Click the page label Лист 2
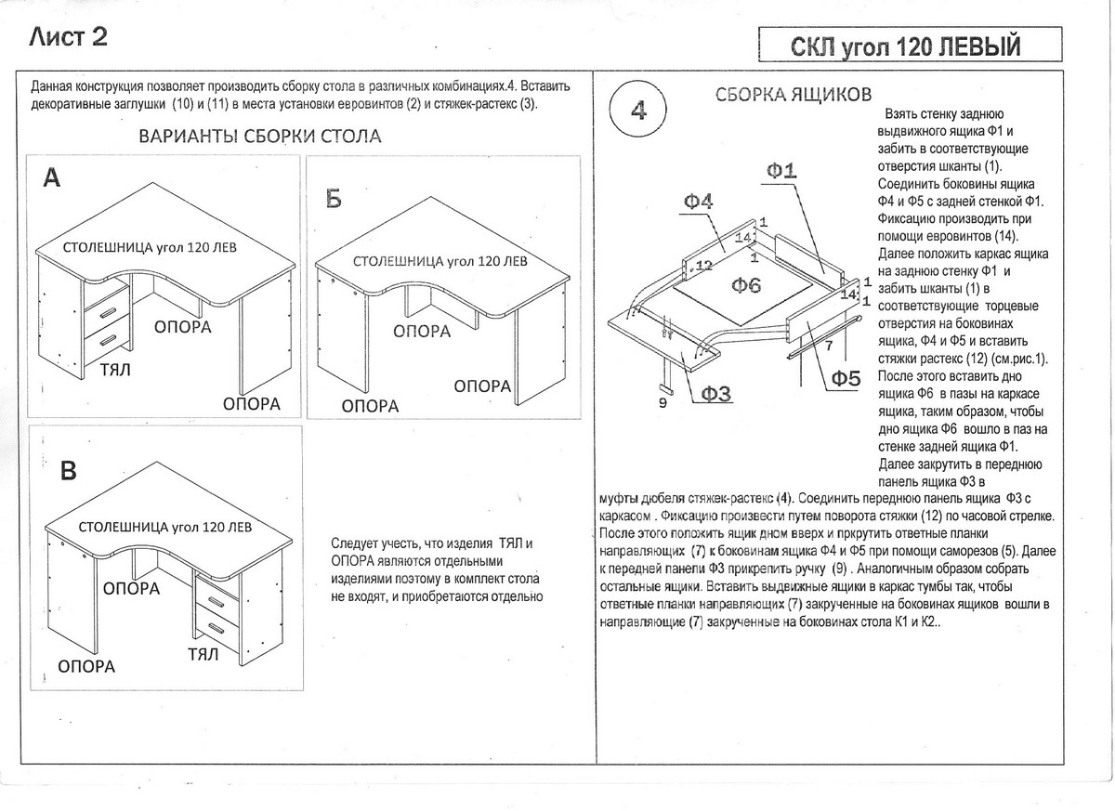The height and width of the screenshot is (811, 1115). [69, 38]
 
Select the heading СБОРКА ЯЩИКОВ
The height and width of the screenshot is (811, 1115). [793, 95]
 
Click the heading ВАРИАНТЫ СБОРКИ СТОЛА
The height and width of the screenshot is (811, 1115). [259, 137]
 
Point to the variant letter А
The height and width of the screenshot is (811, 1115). [52, 179]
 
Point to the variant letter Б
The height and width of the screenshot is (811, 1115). [334, 198]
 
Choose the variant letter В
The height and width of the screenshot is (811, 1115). [68, 471]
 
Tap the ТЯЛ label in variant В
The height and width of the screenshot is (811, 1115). [203, 654]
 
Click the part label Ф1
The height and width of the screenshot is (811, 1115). [782, 170]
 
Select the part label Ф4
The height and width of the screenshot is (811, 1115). [698, 202]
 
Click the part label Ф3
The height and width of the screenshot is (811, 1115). [715, 394]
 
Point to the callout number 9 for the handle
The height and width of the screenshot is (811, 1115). [662, 403]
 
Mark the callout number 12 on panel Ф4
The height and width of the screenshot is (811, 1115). [703, 266]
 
